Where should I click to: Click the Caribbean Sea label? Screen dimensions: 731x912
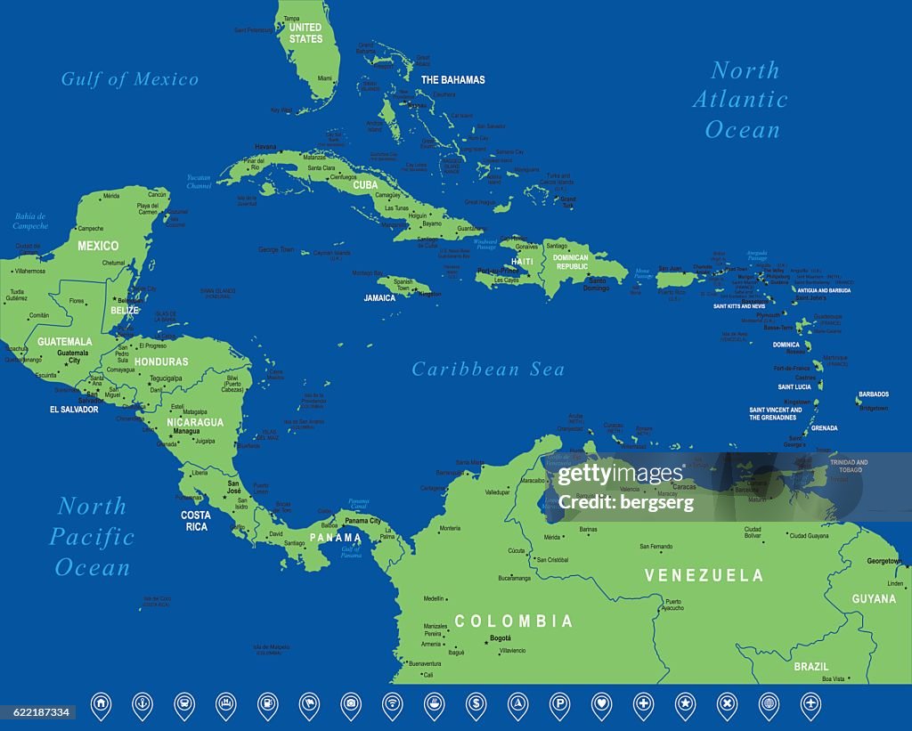(x=488, y=370)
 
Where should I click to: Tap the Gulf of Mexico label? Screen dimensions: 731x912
(x=130, y=79)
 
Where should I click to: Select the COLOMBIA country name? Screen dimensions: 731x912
(x=514, y=621)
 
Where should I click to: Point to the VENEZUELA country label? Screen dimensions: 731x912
(x=704, y=575)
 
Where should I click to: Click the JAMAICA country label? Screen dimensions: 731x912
(x=379, y=298)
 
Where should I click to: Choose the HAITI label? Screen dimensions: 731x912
(x=522, y=262)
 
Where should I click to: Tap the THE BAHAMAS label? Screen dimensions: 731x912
(x=452, y=79)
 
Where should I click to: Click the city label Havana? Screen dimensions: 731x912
(x=265, y=146)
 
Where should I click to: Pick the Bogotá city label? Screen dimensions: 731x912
(x=501, y=639)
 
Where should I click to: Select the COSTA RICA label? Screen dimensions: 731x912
(x=195, y=521)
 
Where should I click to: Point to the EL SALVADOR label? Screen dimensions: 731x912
(x=74, y=410)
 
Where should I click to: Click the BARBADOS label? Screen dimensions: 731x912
(x=873, y=394)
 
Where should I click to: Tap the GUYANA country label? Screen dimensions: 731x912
(x=874, y=599)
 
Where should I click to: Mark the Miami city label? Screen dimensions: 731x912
(x=326, y=78)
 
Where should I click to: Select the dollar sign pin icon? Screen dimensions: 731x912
(x=476, y=704)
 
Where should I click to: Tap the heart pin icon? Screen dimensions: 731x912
(x=601, y=704)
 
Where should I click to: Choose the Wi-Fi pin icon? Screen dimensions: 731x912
(x=392, y=704)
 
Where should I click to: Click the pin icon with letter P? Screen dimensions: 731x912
(x=558, y=704)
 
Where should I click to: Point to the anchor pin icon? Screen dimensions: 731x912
(x=142, y=704)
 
